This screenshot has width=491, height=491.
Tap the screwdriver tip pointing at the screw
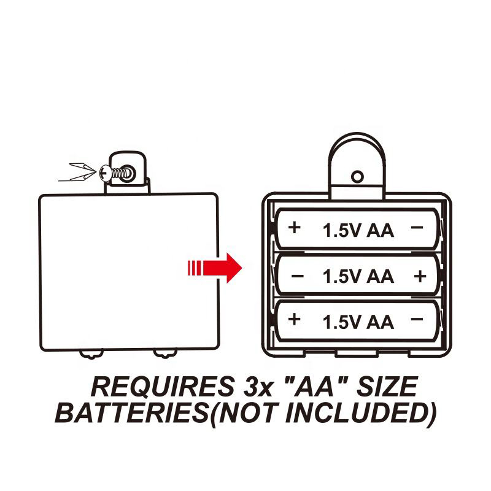(92, 172)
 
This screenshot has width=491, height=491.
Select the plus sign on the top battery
(295, 228)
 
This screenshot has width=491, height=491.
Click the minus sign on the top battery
(417, 228)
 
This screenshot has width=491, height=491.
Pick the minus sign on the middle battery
(298, 277)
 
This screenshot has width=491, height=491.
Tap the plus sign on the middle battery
(420, 277)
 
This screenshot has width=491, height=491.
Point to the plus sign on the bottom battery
(295, 319)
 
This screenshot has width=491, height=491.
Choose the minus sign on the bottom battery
(417, 319)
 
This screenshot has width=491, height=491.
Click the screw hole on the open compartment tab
(357, 177)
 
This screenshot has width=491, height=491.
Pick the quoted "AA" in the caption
(311, 387)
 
